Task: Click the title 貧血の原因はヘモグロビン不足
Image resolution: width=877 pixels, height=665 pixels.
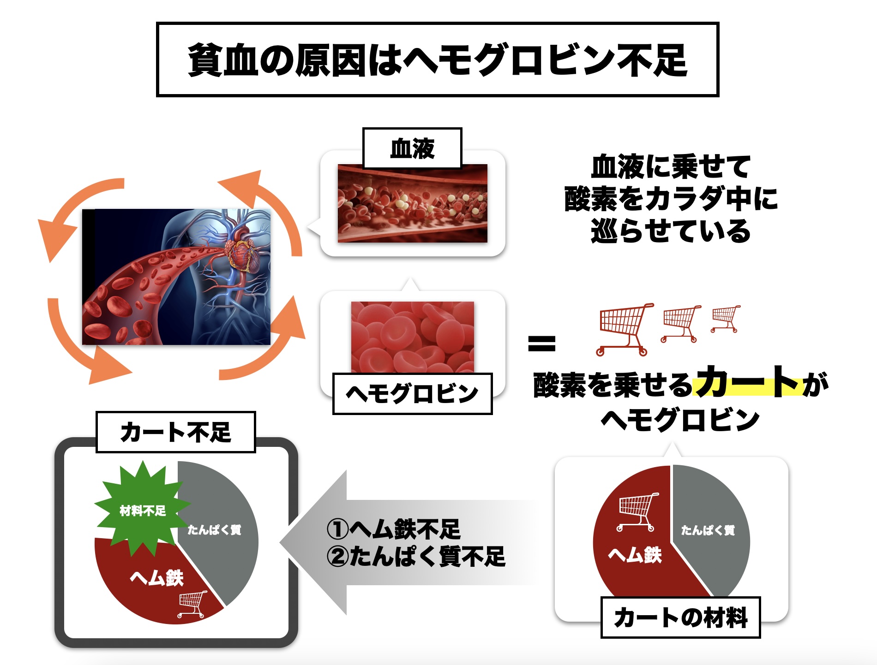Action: pyautogui.click(x=438, y=60)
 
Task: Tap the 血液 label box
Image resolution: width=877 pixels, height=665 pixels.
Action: pyautogui.click(x=412, y=148)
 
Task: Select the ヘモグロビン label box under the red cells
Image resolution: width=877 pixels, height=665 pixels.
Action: pyautogui.click(x=412, y=394)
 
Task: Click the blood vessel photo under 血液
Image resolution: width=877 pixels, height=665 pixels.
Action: pyautogui.click(x=412, y=203)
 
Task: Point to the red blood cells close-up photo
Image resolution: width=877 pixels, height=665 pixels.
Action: pyautogui.click(x=412, y=337)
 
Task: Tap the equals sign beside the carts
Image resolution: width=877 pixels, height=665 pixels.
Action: pyautogui.click(x=541, y=343)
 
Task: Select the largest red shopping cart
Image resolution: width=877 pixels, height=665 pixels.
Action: pyautogui.click(x=624, y=329)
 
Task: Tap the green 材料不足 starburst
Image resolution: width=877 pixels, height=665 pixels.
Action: pyautogui.click(x=143, y=510)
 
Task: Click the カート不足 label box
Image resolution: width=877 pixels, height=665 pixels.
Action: pyautogui.click(x=175, y=432)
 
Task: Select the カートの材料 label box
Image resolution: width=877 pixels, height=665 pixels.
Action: pyautogui.click(x=680, y=617)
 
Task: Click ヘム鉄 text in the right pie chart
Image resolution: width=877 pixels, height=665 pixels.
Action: pyautogui.click(x=635, y=555)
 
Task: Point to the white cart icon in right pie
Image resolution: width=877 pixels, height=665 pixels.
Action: pyautogui.click(x=638, y=511)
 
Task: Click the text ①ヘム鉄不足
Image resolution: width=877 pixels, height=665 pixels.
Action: pyautogui.click(x=393, y=529)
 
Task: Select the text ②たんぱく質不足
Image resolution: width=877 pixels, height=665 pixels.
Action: pyautogui.click(x=416, y=557)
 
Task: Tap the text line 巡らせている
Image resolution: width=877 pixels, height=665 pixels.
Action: pyautogui.click(x=671, y=231)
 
